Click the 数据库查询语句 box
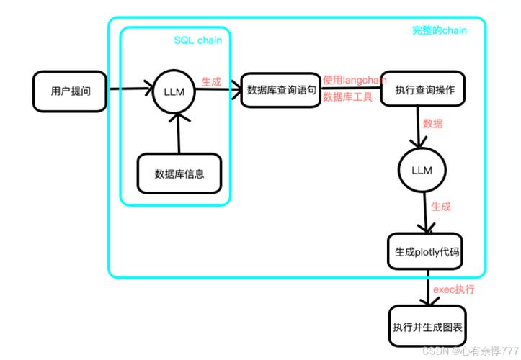pos(279,89)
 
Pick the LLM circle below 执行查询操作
pos(421,170)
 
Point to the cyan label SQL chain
pos(197,40)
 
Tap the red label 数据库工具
pos(347,96)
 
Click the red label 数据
pos(432,123)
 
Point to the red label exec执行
pos(453,289)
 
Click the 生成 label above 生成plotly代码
pos(440,207)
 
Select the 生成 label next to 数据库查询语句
pos(211,81)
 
